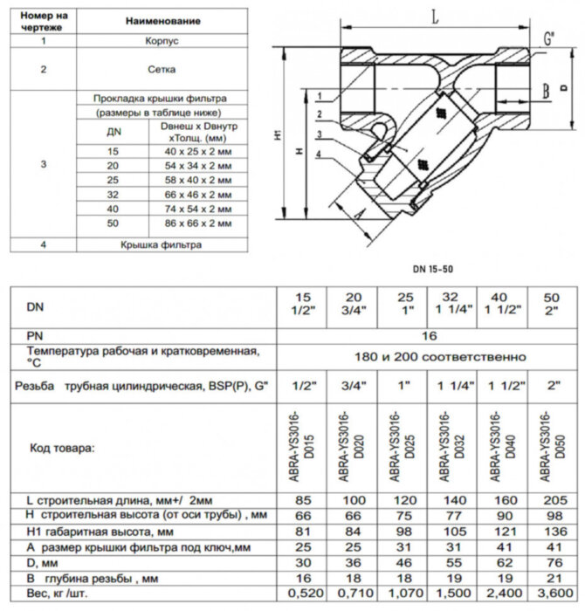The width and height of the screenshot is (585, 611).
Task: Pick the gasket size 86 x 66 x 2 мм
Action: [199, 223]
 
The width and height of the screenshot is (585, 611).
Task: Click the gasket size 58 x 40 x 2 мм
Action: [199, 181]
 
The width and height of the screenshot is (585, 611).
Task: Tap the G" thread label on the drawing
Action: [547, 39]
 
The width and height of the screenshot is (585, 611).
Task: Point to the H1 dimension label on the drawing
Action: [278, 136]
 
